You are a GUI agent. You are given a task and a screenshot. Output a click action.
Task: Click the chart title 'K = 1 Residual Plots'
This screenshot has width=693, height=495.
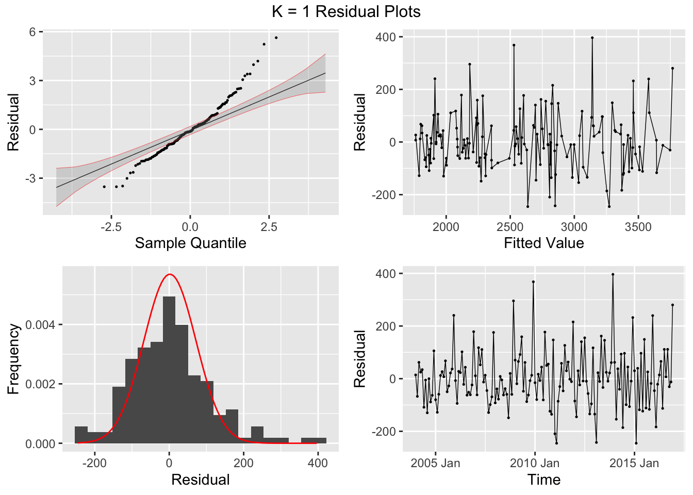346,11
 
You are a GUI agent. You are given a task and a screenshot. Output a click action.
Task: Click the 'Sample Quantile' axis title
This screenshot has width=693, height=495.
190,243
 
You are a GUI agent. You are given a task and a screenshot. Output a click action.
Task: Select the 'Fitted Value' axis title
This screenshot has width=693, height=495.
543,243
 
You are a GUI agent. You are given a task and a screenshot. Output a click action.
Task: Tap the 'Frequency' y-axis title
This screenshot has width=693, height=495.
13,359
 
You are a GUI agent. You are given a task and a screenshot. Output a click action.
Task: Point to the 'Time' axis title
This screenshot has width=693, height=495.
543,480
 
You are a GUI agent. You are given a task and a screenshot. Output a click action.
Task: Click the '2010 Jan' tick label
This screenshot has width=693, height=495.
534,463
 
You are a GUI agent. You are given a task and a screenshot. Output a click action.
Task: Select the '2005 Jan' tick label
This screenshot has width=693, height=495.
435,463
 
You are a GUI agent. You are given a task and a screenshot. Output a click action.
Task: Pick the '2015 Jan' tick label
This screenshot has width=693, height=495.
634,463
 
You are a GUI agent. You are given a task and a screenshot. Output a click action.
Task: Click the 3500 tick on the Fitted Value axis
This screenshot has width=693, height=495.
638,227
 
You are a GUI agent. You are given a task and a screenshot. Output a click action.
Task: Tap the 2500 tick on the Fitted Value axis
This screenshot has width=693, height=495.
509,227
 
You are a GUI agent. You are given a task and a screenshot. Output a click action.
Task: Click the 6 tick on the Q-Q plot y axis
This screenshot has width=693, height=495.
32,32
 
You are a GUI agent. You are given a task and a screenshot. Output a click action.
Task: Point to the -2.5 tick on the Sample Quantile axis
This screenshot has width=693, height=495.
111,227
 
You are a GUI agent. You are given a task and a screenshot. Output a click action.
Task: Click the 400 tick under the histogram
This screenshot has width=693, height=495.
318,463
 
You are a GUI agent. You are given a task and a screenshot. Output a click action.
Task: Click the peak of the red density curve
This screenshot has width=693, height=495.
170,274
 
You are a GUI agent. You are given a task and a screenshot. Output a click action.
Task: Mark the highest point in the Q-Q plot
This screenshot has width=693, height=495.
276,38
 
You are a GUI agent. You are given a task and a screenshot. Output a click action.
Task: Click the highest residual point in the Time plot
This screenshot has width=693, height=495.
613,274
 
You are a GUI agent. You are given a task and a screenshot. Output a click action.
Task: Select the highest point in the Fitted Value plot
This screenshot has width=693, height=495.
592,38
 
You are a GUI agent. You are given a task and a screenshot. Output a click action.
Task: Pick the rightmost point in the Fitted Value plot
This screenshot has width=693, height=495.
672,68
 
